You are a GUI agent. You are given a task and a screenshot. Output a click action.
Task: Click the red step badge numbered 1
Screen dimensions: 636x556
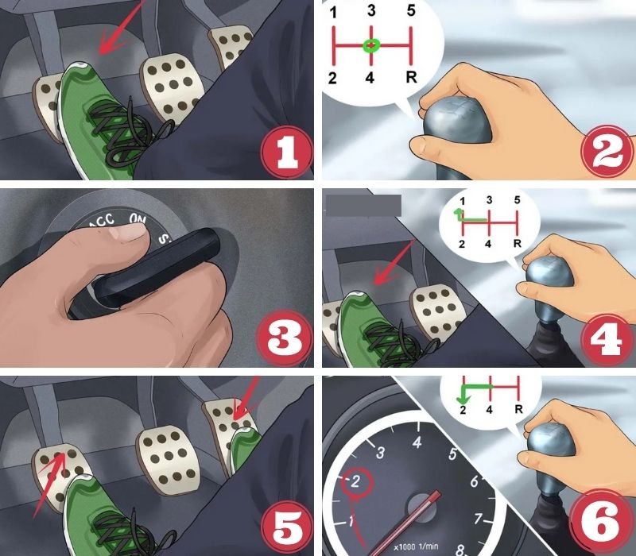(287, 152)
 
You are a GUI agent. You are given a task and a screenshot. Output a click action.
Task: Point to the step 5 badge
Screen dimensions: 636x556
(287, 526)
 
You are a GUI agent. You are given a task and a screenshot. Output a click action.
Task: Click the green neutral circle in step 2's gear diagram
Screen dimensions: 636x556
(370, 45)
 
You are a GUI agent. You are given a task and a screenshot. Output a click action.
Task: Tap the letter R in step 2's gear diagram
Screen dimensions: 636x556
(411, 76)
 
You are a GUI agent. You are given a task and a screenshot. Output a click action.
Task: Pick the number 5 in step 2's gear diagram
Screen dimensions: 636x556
(411, 11)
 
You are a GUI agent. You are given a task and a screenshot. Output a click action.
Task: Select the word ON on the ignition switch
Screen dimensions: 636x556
(138, 218)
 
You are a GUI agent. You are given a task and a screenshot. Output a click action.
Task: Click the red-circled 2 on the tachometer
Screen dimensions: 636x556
(356, 482)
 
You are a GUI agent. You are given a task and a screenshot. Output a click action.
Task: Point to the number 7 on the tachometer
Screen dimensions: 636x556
(479, 519)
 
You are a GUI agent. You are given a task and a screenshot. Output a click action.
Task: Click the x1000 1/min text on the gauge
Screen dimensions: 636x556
(416, 546)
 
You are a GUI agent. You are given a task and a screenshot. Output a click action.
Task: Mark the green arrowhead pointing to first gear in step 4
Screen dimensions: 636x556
(459, 211)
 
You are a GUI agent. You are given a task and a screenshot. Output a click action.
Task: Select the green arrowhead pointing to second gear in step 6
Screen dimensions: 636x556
(463, 400)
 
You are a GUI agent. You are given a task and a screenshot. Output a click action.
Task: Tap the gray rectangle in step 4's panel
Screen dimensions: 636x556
(363, 206)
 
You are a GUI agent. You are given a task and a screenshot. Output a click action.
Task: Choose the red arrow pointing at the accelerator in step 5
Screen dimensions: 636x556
(246, 399)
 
